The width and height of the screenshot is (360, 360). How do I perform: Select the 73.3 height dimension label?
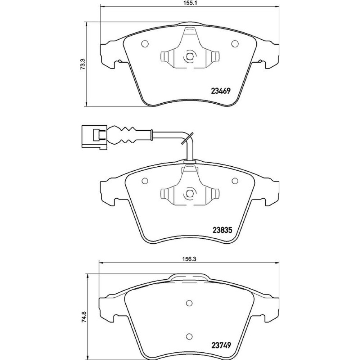point(83,64)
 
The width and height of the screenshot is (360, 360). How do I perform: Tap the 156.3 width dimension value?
point(189,259)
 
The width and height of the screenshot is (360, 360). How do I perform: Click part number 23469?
point(220,91)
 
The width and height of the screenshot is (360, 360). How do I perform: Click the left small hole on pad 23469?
point(145,44)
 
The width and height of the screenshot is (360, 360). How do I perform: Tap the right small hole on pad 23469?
point(235,44)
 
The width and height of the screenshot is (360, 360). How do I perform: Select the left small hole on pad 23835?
point(145,181)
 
